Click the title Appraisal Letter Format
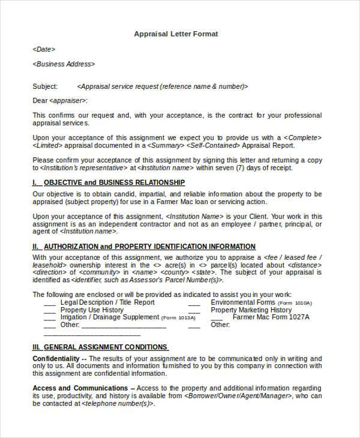(175, 34)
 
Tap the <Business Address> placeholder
(63, 64)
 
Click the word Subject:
(45, 86)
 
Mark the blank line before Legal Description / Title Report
(50, 303)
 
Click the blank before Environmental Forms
(194, 303)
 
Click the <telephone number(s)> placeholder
(119, 404)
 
